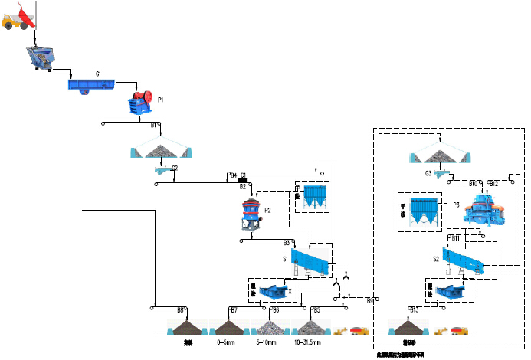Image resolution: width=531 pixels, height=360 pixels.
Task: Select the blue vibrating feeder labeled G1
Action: tap(91, 84)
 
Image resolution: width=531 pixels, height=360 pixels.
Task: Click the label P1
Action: tap(161, 100)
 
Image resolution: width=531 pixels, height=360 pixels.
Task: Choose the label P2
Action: tap(267, 210)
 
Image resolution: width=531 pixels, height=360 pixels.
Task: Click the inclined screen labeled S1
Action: tap(310, 260)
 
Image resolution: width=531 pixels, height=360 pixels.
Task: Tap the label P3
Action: tap(456, 205)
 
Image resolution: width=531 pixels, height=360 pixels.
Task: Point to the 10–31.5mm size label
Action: tap(306, 342)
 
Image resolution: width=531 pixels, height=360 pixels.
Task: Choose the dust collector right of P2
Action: tap(314, 195)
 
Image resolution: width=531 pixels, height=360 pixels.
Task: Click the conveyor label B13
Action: tap(414, 309)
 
